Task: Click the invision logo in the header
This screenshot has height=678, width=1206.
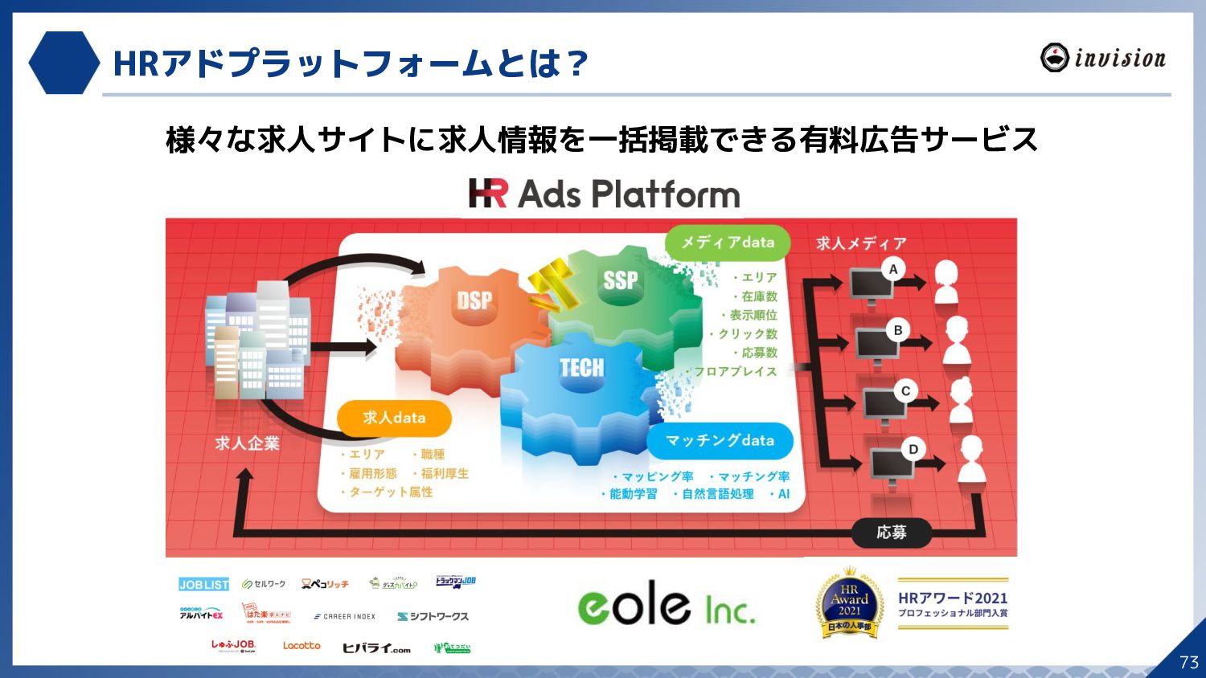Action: coord(1102,58)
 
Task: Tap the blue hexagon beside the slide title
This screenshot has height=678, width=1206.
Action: coord(64,63)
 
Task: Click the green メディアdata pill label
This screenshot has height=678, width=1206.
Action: coord(727,243)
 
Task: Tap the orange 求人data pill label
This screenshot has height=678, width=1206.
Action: coord(394,418)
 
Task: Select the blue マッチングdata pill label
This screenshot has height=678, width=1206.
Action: coord(720,440)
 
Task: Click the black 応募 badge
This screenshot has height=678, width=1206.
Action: coord(891,532)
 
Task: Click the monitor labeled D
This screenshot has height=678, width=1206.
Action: coord(891,465)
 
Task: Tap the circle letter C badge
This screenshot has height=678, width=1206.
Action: coord(906,391)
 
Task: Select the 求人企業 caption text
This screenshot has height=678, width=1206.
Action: coord(247,443)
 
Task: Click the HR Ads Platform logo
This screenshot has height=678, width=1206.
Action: coord(604,194)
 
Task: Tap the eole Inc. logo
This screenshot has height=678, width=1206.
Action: coord(667,604)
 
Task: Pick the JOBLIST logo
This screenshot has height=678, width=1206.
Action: coord(203,585)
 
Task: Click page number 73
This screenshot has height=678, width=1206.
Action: coord(1188,662)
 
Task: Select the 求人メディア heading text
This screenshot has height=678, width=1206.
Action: coord(861,243)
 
